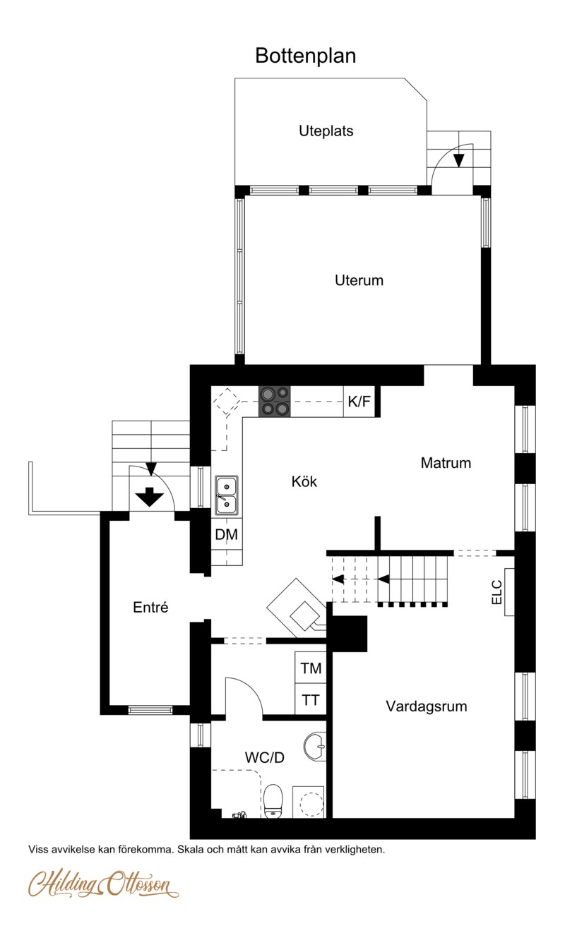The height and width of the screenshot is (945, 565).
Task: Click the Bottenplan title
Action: [x=305, y=56]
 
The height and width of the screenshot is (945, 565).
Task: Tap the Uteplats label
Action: [x=326, y=131]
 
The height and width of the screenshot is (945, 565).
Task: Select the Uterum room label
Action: [x=359, y=281]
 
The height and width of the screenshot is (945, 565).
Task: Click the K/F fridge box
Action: [x=359, y=402]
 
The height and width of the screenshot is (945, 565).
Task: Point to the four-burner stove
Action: [x=275, y=402]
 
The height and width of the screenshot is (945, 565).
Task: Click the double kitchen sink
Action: [x=227, y=495]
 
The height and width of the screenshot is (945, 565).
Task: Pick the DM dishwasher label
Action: [x=226, y=535]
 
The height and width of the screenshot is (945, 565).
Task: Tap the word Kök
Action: [x=304, y=481]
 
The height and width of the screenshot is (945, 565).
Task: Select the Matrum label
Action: [x=446, y=463]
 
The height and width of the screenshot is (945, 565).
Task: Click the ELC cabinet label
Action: [x=497, y=592]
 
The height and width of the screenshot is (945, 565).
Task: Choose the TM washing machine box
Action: [x=310, y=668]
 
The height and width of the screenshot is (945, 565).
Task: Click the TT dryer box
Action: [x=310, y=699]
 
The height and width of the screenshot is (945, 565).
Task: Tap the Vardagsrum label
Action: [x=427, y=706]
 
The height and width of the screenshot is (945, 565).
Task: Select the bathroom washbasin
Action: [x=315, y=747]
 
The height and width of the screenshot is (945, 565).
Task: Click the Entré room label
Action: [x=150, y=608]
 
